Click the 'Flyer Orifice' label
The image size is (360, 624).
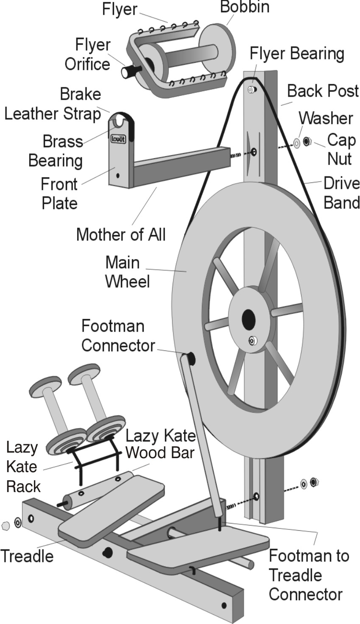(x=87, y=54)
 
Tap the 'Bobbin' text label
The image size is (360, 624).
(x=245, y=7)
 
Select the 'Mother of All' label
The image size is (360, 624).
(x=121, y=234)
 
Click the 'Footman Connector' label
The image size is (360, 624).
(x=118, y=336)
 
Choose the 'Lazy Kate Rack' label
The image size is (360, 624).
(x=23, y=467)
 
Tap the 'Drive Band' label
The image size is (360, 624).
(x=341, y=193)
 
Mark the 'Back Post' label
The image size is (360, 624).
(x=323, y=91)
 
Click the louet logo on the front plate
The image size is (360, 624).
(x=118, y=139)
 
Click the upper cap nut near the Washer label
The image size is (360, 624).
(x=308, y=141)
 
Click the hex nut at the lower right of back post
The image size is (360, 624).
(x=314, y=482)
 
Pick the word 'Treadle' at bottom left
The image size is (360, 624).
(x=27, y=556)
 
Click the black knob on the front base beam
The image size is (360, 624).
(x=108, y=552)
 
